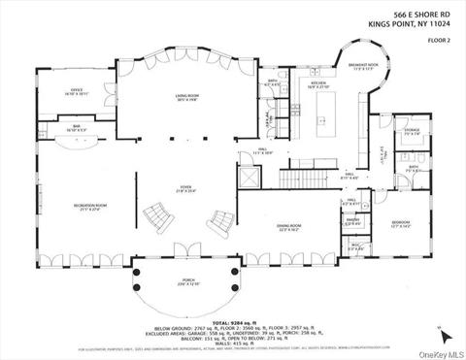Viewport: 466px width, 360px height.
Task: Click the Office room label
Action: pyautogui.click(x=78, y=92)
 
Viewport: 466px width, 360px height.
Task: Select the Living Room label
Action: pyautogui.click(x=181, y=96)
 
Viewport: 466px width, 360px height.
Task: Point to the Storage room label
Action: pyautogui.click(x=412, y=130)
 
